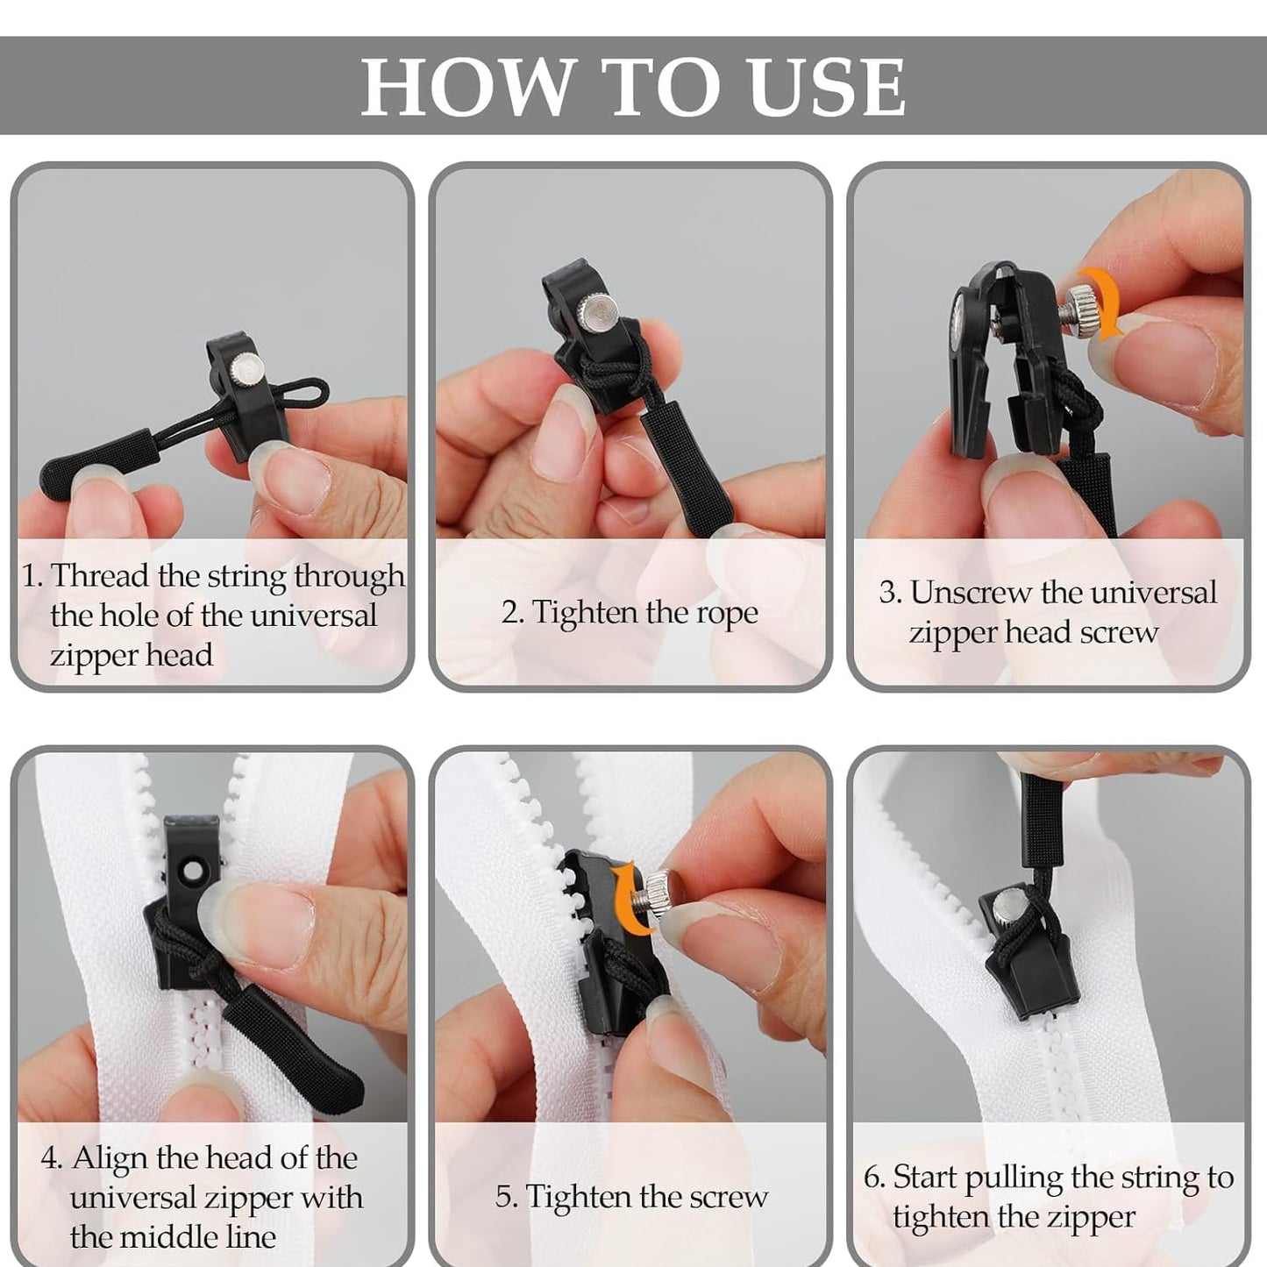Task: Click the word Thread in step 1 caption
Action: pos(100,576)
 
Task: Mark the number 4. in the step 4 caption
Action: pos(52,1158)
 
